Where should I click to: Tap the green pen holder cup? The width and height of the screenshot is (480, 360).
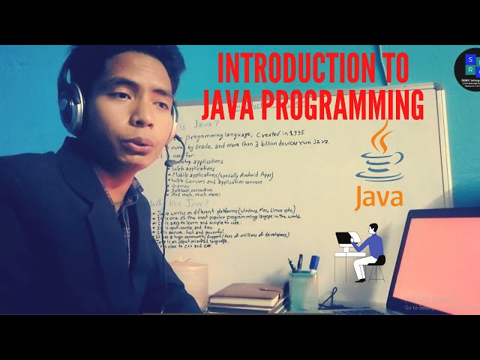pyautogui.click(x=303, y=289)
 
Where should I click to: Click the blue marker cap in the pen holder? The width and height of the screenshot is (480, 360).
pyautogui.click(x=314, y=262)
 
